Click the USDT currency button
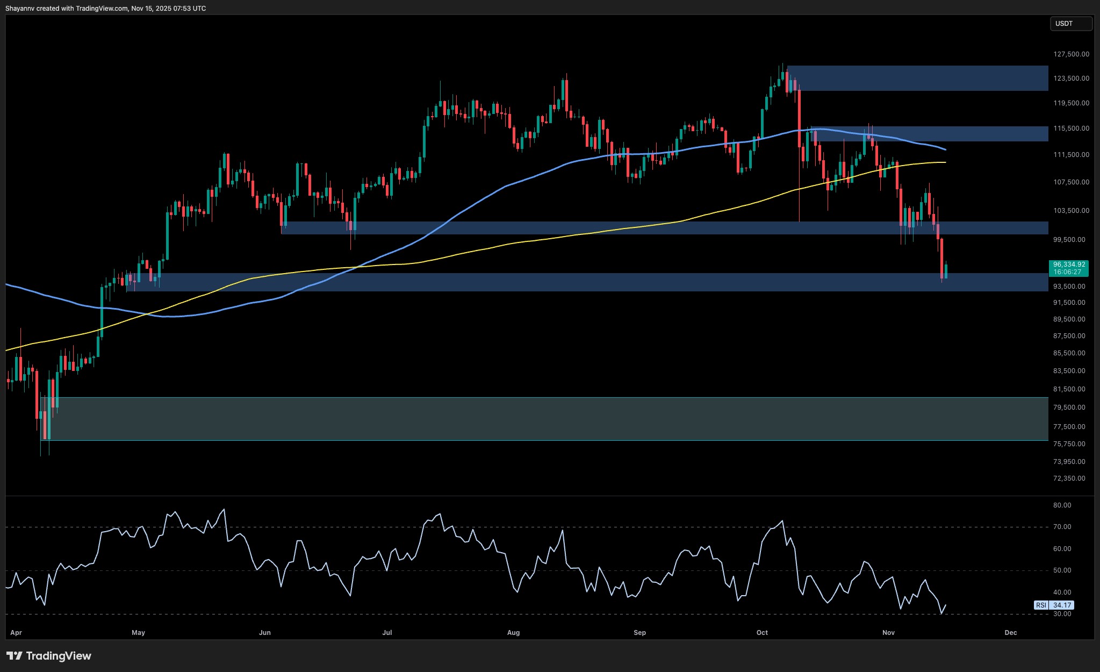(x=1070, y=24)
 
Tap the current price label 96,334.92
(x=1068, y=264)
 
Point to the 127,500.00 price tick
(x=1071, y=54)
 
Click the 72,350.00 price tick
(x=1069, y=478)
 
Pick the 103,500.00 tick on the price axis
(x=1071, y=211)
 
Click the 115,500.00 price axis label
(x=1071, y=128)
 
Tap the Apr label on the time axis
(x=16, y=633)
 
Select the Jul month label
(x=387, y=633)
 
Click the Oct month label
(x=762, y=633)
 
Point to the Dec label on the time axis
(x=1010, y=633)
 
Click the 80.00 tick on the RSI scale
(x=1062, y=505)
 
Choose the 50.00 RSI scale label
(x=1062, y=570)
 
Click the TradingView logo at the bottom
(x=49, y=656)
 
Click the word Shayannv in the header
(x=20, y=9)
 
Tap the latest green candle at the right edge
(x=946, y=270)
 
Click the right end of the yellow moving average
(x=945, y=162)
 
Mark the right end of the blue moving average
(x=945, y=149)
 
